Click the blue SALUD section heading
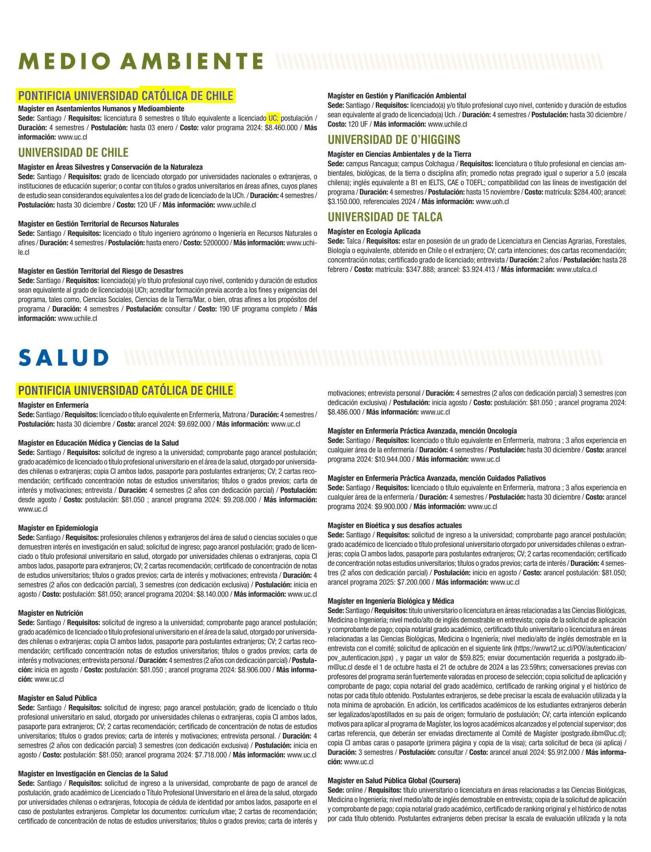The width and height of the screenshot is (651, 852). [64, 358]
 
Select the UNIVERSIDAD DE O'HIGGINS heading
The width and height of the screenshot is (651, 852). [394, 140]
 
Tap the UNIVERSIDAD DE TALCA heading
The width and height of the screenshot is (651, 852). [385, 217]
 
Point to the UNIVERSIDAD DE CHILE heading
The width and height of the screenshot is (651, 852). [73, 153]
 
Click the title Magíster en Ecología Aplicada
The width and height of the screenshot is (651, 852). [374, 232]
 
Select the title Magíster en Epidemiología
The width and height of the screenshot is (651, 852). [58, 528]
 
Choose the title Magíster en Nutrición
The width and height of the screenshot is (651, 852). [51, 613]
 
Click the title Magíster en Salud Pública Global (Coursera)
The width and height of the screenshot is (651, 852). [394, 781]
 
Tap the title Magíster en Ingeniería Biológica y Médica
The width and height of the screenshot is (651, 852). [391, 601]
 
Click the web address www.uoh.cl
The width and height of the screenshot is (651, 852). [492, 201]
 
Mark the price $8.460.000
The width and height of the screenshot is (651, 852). [281, 128]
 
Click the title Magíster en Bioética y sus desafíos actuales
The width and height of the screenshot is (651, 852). [395, 525]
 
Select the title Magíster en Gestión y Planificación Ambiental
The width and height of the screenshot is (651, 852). [397, 96]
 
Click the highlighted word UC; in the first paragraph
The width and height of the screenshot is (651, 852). [273, 118]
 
